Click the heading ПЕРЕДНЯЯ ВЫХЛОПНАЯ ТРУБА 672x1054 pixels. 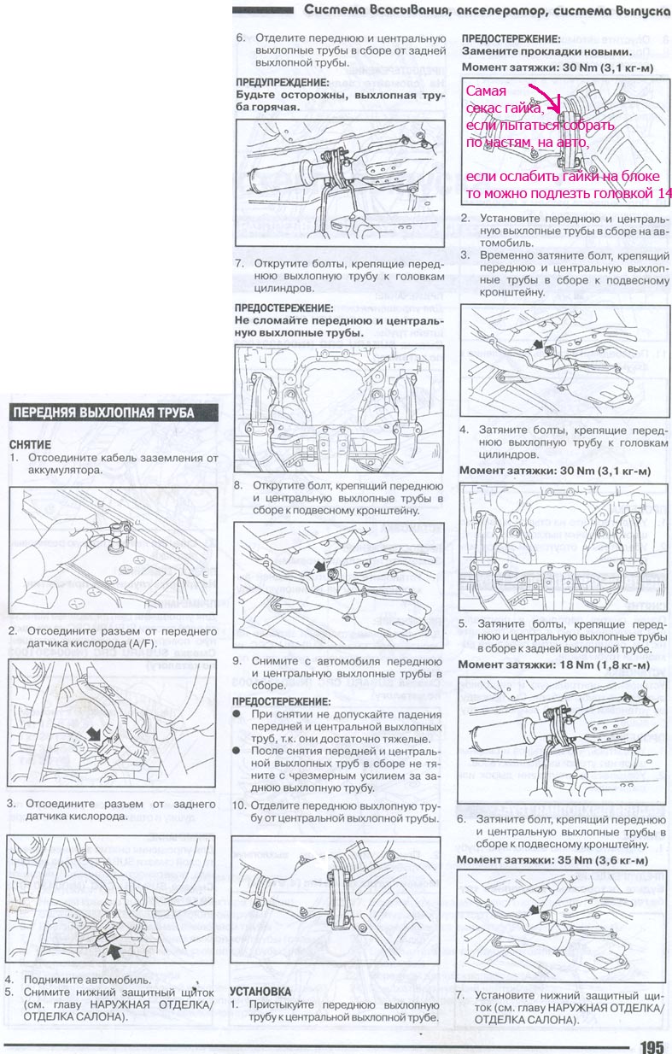click(x=102, y=413)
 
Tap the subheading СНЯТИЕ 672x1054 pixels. click(x=31, y=445)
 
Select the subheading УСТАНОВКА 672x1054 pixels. click(x=260, y=991)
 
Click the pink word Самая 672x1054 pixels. click(x=486, y=91)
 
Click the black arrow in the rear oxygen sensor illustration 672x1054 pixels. click(x=113, y=946)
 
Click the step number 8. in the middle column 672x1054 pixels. click(x=240, y=485)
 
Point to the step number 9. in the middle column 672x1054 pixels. click(x=240, y=660)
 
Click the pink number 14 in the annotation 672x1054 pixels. click(x=664, y=194)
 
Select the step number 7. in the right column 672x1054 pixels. click(x=460, y=995)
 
